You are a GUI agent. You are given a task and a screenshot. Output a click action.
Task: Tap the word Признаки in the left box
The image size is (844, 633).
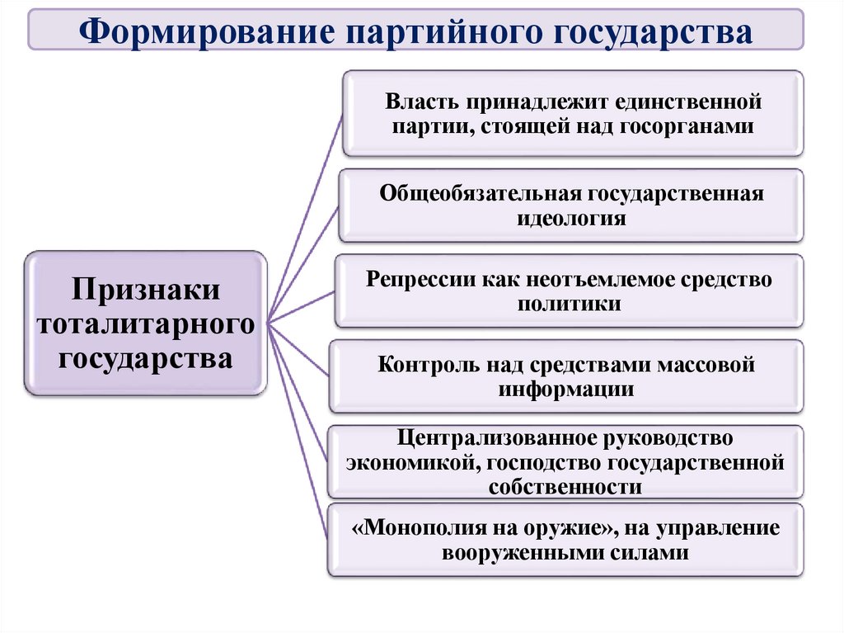[x=145, y=290]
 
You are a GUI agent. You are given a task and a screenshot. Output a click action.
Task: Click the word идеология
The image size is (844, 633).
[x=571, y=219]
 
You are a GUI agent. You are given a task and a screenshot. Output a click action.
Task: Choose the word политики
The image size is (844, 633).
[x=570, y=303]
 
